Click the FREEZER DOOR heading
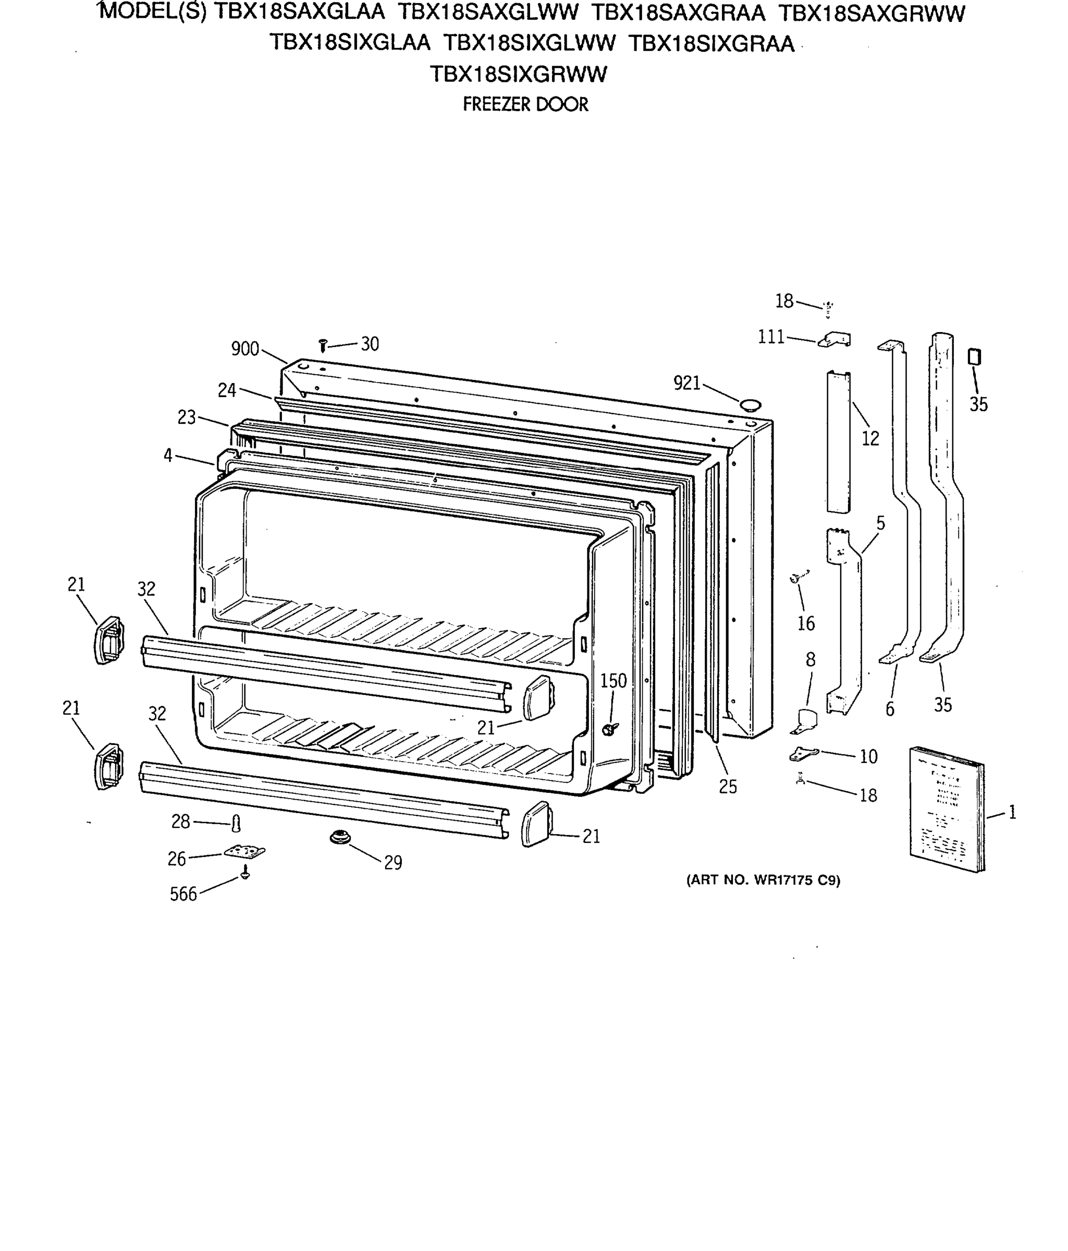tap(525, 104)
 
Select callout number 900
tap(244, 348)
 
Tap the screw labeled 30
tap(323, 346)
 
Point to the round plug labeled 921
tap(751, 404)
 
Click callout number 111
tap(771, 336)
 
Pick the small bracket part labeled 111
tap(836, 340)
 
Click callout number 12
tap(870, 438)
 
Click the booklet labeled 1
tap(946, 810)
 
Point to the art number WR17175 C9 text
tap(763, 880)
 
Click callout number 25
tap(728, 786)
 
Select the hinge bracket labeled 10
tap(804, 754)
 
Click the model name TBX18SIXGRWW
tap(518, 74)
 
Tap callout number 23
tap(187, 416)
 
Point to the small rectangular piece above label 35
tap(973, 357)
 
